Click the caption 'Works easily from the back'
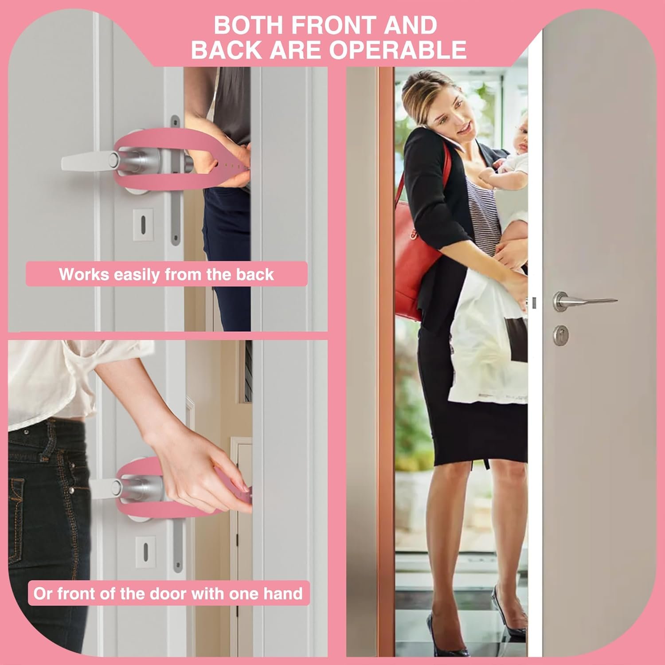166,274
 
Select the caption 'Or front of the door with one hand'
168,593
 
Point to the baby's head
521,137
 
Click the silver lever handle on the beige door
585,301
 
